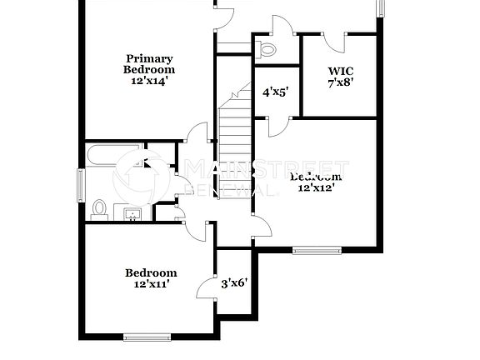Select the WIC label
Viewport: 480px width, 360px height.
pos(341,71)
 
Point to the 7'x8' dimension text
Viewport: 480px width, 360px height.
pos(341,82)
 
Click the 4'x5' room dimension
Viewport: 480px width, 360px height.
pos(275,92)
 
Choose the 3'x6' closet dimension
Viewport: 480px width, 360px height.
pos(233,283)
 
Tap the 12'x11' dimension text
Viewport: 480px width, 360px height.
pos(151,284)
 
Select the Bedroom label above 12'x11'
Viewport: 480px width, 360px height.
pos(151,272)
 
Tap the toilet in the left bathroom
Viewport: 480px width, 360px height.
pos(100,208)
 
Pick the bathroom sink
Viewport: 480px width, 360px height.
pos(132,215)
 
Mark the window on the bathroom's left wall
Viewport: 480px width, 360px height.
pos(81,183)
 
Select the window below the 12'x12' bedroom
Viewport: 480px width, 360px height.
pos(317,249)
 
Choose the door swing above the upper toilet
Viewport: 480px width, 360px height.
pos(282,27)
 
